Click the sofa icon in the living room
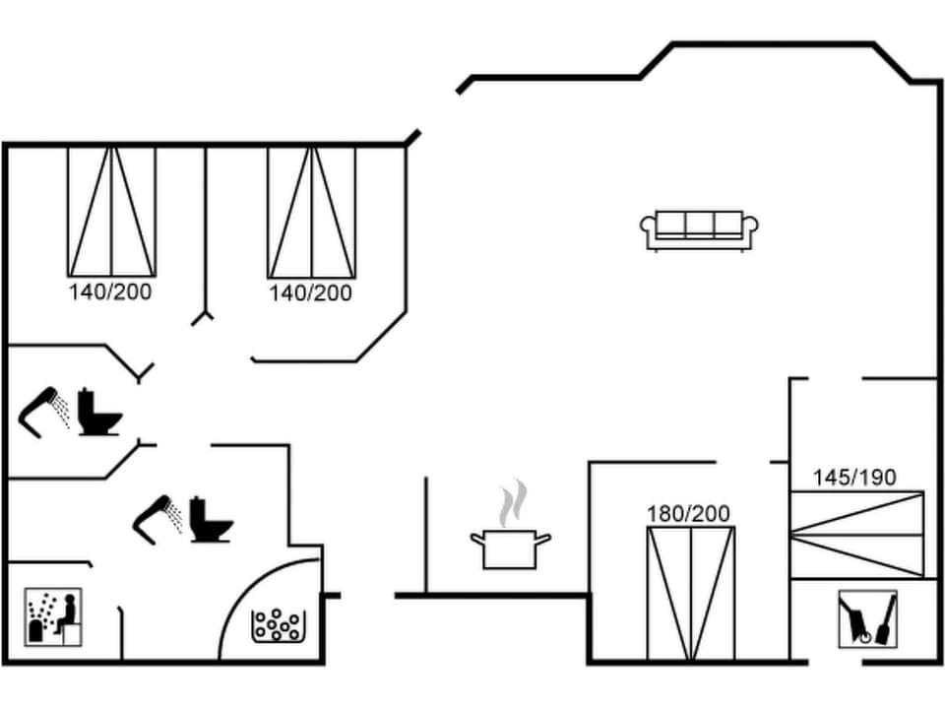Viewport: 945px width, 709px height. (700, 229)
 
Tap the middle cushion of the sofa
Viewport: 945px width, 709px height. (700, 226)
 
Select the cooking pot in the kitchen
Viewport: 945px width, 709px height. (510, 548)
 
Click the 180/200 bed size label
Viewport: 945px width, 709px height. (688, 513)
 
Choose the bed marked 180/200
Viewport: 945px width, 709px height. (690, 593)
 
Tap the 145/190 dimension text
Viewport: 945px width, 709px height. (854, 478)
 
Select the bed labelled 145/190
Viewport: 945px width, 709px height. (857, 534)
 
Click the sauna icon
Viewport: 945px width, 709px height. (53, 617)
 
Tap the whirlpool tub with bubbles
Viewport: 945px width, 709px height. (279, 624)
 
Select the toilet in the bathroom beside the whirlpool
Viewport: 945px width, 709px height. (210, 519)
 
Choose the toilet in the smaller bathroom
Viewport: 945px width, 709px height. (98, 413)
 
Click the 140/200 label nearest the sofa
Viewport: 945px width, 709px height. (310, 292)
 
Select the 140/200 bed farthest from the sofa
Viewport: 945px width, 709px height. (111, 211)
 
